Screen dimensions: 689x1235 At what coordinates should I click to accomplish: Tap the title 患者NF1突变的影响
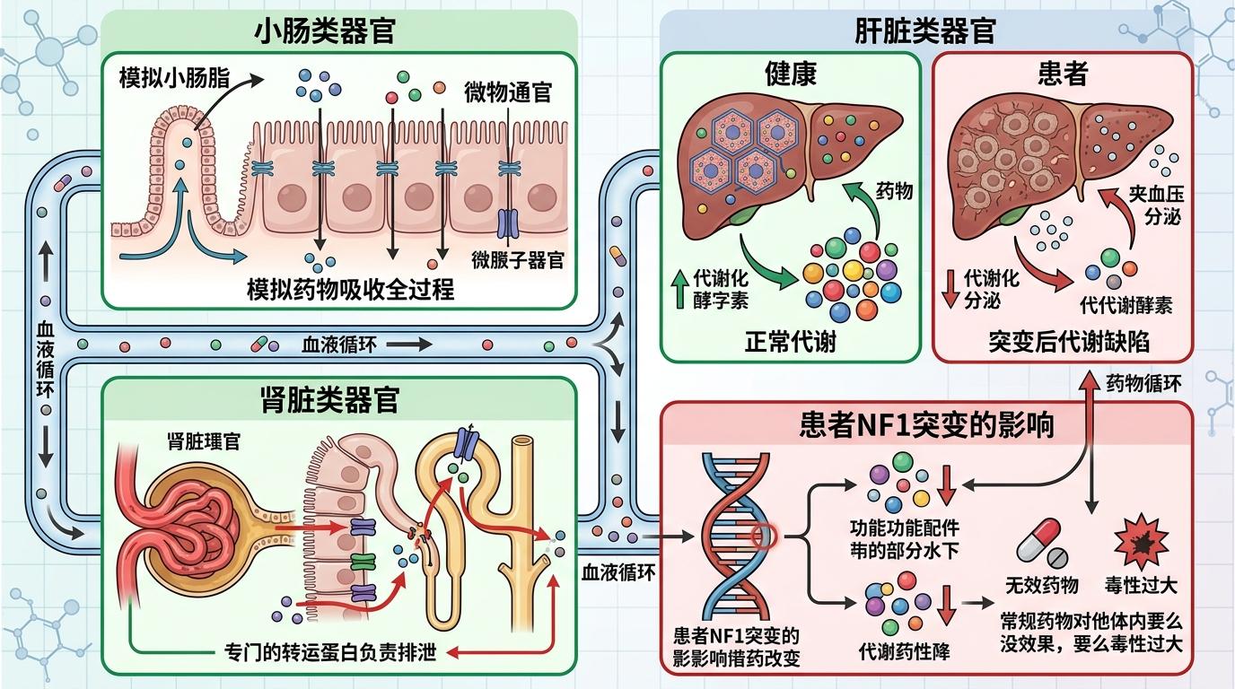pos(926,424)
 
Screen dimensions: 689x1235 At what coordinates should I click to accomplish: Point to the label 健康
pos(791,74)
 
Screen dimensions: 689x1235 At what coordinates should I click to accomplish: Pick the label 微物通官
pos(507,92)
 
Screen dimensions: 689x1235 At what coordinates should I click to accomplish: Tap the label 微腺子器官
pos(518,260)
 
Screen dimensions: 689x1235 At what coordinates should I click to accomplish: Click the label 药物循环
pos(1143,384)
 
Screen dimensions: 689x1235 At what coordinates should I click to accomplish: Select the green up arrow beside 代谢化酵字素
pos(677,288)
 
